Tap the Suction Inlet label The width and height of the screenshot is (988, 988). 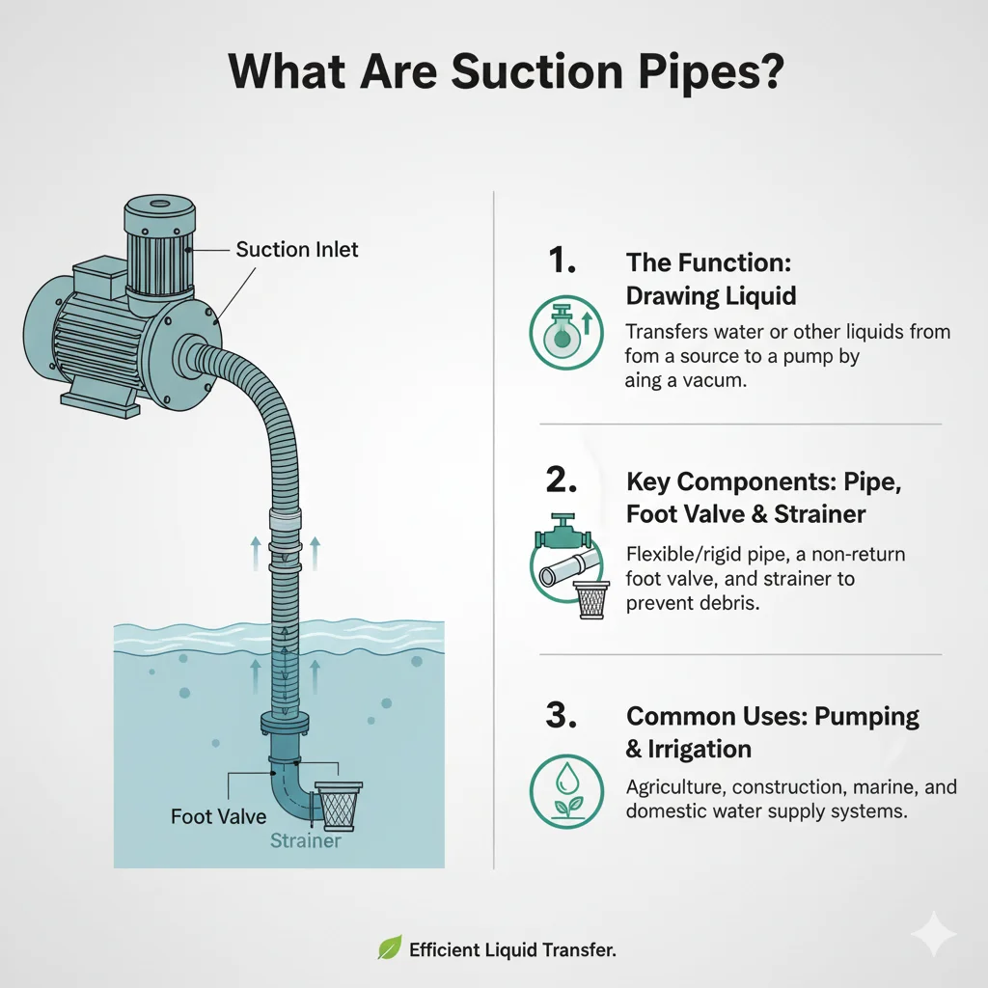pyautogui.click(x=297, y=250)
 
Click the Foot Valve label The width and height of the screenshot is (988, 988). pyautogui.click(x=218, y=816)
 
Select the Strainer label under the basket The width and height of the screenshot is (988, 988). pyautogui.click(x=305, y=840)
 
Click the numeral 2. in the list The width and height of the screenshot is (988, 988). pyautogui.click(x=562, y=480)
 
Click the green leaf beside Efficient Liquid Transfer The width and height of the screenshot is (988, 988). pyautogui.click(x=389, y=950)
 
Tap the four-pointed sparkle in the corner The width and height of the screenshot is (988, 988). pyautogui.click(x=934, y=933)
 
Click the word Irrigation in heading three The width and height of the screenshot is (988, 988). pyautogui.click(x=689, y=749)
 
